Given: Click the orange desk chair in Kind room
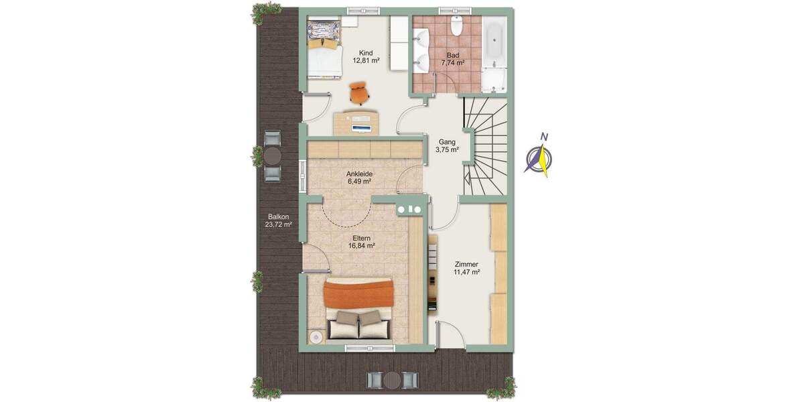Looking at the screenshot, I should click(x=360, y=92).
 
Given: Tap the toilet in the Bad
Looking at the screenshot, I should click(x=457, y=25).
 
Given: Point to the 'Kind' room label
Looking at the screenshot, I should click(x=366, y=53).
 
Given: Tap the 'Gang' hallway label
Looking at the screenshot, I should click(x=447, y=142).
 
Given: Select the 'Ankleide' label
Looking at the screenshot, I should click(x=360, y=174).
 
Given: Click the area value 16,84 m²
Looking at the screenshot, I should click(x=361, y=246).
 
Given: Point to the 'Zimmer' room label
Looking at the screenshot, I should click(x=467, y=264).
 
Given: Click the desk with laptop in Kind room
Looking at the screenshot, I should click(x=356, y=122).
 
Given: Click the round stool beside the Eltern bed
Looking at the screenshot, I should click(x=316, y=337).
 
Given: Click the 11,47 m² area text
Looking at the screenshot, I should click(x=467, y=273).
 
